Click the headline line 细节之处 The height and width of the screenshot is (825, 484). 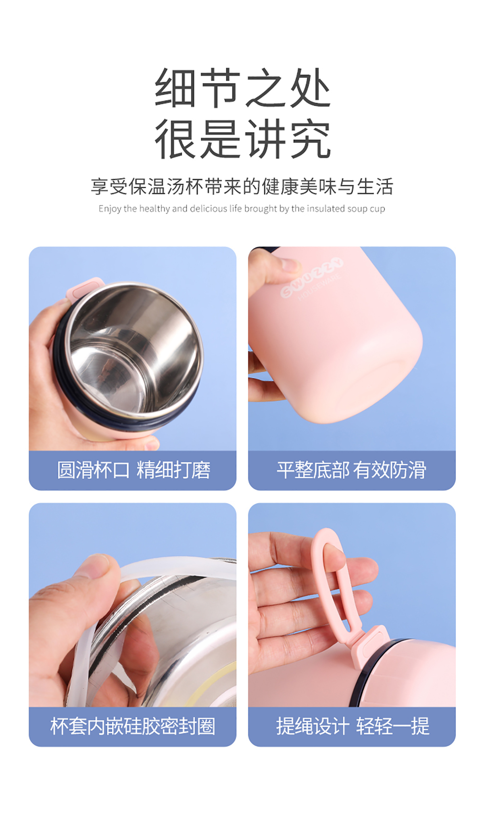[243, 88]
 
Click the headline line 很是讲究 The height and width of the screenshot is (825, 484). [243, 138]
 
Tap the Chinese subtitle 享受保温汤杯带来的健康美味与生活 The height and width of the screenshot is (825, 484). [242, 186]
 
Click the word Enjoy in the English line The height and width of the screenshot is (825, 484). [110, 209]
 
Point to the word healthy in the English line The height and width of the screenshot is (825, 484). [154, 209]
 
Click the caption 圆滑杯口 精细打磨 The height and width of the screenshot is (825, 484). [134, 470]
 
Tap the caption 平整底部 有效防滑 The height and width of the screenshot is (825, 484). [351, 470]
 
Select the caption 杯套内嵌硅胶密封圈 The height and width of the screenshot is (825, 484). [133, 726]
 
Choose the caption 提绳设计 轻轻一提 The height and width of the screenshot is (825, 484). [353, 726]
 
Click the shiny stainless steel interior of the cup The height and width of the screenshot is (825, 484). [133, 351]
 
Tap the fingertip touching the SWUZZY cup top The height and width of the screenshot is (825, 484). [288, 264]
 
